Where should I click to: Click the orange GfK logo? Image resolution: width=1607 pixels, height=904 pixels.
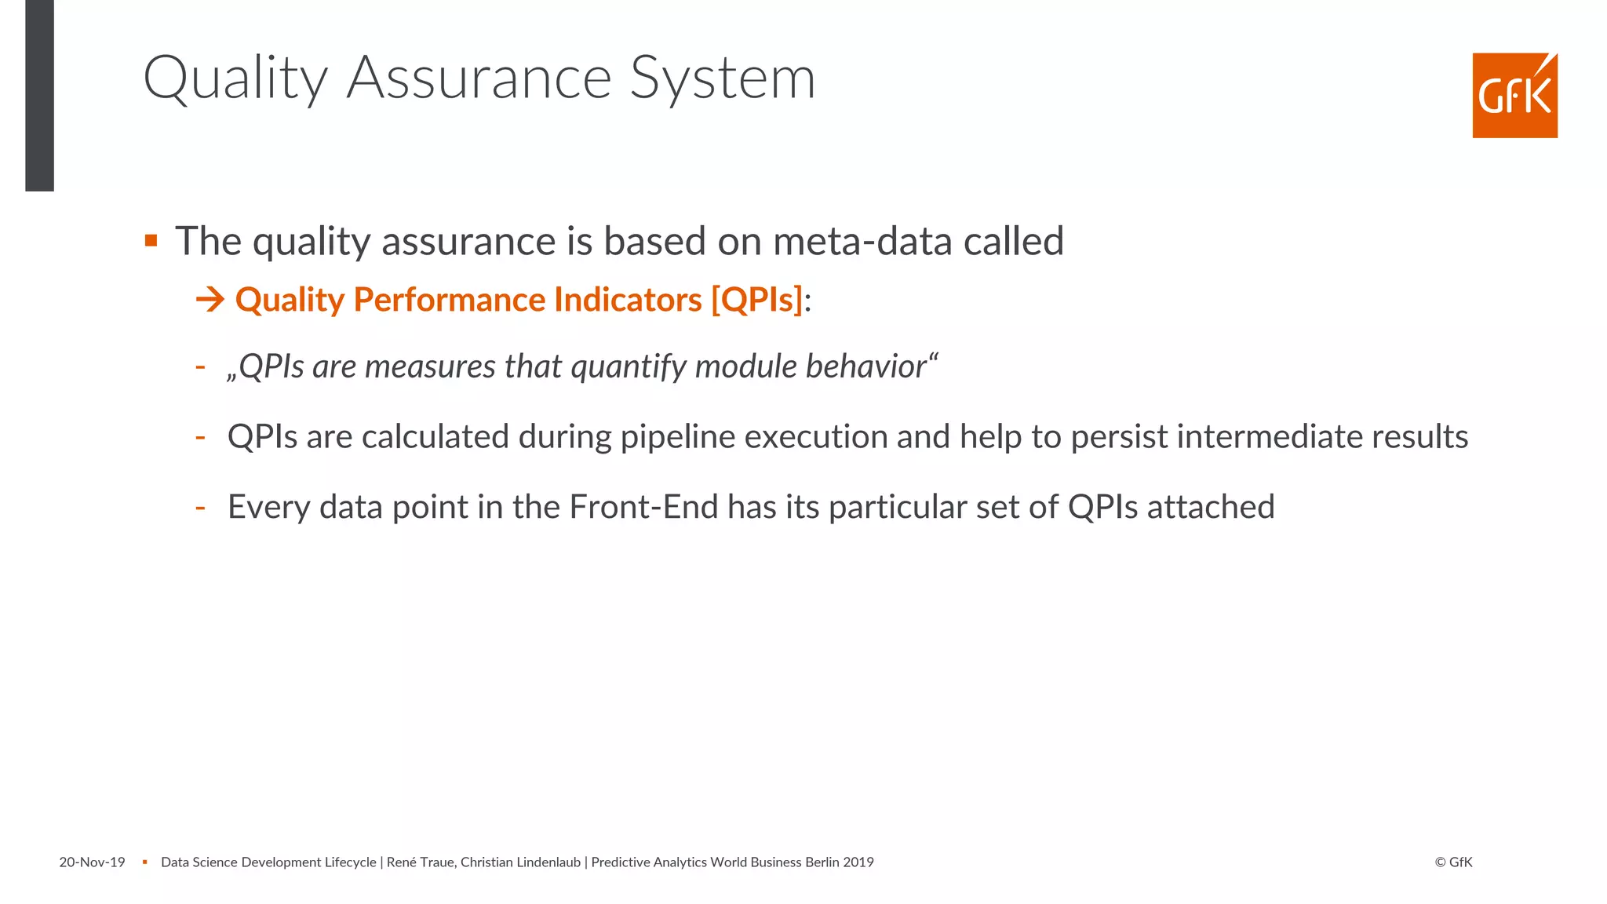1514,96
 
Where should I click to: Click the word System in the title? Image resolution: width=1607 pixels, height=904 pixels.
723,78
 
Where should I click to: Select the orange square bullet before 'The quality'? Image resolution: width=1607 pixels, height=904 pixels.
151,240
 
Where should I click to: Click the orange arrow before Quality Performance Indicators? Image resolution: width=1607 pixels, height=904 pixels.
210,300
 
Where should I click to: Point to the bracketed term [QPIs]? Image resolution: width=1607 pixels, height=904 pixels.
757,300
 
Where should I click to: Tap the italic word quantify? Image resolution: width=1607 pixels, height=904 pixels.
629,366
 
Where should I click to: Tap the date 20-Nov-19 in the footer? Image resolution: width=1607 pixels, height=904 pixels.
92,862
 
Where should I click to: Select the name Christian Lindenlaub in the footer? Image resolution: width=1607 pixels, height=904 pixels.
520,862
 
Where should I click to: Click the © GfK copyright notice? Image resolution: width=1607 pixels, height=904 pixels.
1453,862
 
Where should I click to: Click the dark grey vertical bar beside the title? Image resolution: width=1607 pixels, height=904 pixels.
39,96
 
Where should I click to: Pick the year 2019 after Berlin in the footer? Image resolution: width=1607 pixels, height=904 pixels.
858,862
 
